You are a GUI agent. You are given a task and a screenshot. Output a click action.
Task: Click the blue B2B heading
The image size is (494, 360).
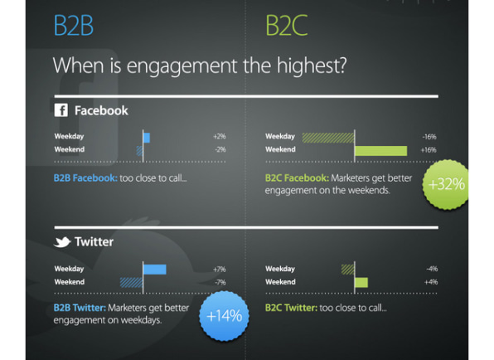tap(74, 25)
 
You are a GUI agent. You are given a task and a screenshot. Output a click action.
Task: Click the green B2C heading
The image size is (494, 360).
tap(287, 25)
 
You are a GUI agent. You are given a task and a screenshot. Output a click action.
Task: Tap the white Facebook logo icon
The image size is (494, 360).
tap(61, 110)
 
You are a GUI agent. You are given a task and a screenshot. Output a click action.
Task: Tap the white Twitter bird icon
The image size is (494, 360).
tap(62, 241)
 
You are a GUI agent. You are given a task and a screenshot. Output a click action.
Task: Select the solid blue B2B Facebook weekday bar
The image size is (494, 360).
tap(147, 138)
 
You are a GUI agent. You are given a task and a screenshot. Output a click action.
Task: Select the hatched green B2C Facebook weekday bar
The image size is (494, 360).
tap(328, 138)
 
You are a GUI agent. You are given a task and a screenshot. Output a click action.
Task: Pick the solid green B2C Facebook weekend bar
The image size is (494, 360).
tap(381, 151)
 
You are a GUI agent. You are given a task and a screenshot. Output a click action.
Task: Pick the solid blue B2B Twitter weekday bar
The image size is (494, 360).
tap(155, 270)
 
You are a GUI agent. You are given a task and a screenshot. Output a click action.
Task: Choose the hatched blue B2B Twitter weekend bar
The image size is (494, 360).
tap(131, 283)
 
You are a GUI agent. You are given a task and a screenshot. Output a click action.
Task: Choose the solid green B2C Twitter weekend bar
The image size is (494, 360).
tap(361, 283)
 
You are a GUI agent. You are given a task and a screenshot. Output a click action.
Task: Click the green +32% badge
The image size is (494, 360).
tap(446, 184)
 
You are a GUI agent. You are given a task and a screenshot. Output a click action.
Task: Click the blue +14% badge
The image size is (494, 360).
tap(224, 316)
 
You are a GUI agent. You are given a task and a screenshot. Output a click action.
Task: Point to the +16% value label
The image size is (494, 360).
tap(429, 150)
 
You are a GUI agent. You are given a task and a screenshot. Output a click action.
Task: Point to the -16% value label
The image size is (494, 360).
tap(429, 137)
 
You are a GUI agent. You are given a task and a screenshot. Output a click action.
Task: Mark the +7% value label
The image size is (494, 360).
tap(220, 270)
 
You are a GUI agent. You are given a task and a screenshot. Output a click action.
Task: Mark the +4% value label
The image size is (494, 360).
tap(431, 282)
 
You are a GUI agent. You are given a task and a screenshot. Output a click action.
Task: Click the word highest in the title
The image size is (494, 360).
tap(312, 66)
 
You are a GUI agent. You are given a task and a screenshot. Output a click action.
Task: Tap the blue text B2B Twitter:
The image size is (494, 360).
tap(80, 308)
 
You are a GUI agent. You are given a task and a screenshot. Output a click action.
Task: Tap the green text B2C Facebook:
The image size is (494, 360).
tap(297, 178)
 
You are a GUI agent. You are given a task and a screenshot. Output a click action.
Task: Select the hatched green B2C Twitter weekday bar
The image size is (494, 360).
tap(348, 270)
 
